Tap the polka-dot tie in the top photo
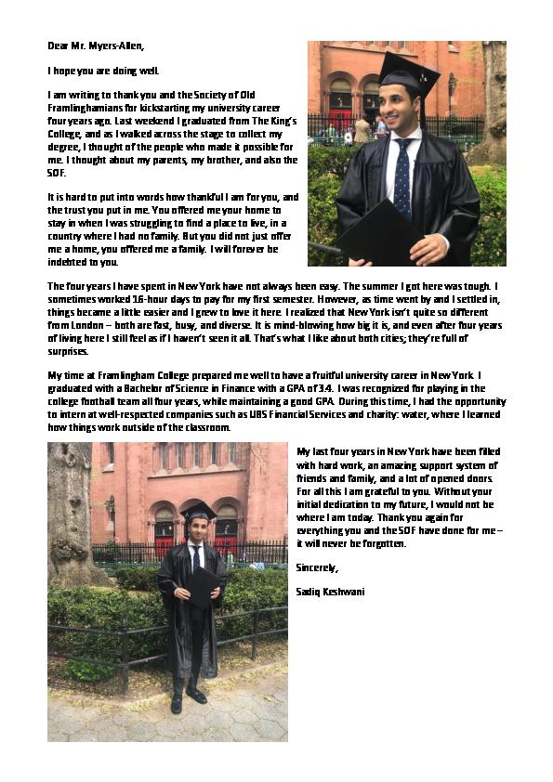pos(401,176)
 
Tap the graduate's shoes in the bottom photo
pos(187,698)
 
